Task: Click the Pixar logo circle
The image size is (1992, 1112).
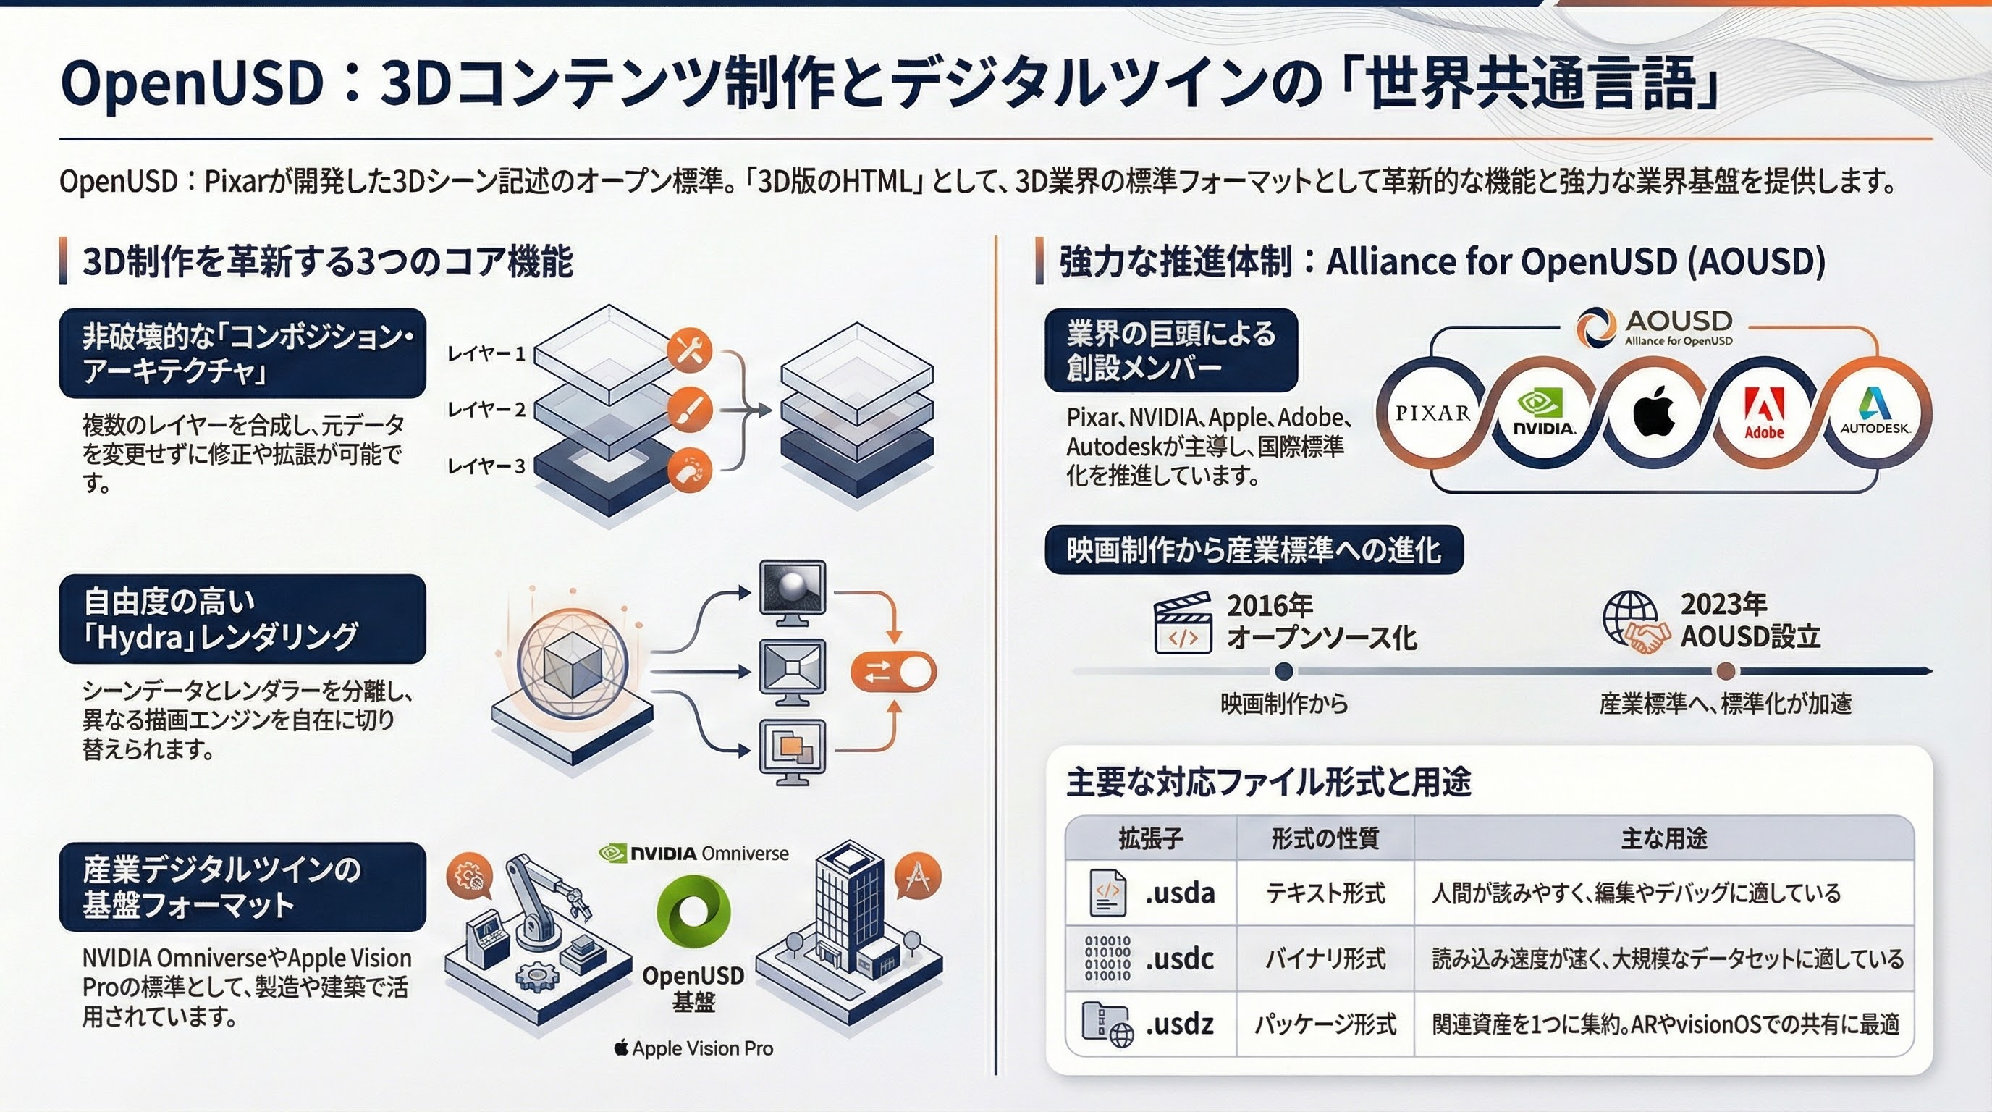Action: point(1432,413)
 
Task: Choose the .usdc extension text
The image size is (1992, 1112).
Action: point(1180,959)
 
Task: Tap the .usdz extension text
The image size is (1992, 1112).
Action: point(1180,1024)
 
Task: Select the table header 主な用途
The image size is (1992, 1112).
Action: point(1664,838)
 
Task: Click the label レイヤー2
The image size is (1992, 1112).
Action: point(486,409)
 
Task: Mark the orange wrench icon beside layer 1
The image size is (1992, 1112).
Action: point(689,350)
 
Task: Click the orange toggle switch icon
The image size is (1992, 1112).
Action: point(893,673)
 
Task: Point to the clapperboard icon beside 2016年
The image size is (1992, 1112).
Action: point(1182,623)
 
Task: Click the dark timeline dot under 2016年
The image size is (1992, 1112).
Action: point(1283,670)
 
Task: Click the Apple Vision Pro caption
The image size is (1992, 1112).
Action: point(693,1048)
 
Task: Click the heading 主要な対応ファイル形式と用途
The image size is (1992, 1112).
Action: point(1268,782)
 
